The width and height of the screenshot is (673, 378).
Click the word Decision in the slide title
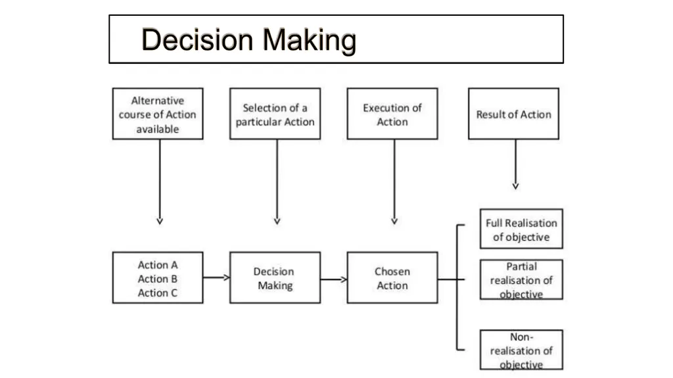[x=197, y=39]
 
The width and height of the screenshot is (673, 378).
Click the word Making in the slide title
[x=309, y=41]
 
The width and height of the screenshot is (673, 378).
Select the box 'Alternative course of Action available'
[x=158, y=114]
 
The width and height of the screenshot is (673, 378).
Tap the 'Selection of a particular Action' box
[x=275, y=114]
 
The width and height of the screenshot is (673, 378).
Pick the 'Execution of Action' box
[x=392, y=114]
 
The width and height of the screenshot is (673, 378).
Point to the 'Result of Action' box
[x=514, y=114]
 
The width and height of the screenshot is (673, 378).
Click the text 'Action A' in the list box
[x=158, y=264]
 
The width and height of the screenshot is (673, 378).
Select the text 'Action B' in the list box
[x=158, y=279]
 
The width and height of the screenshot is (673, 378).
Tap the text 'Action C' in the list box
[x=158, y=293]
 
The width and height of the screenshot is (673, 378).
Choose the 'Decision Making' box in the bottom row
[x=275, y=278]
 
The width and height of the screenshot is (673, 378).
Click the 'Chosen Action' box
[x=392, y=278]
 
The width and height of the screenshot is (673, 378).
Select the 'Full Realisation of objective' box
[x=521, y=229]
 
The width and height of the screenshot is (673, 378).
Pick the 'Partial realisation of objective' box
[x=521, y=279]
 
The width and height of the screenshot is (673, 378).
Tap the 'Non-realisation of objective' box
[x=521, y=350]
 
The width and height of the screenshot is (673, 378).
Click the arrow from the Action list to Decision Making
[x=217, y=277]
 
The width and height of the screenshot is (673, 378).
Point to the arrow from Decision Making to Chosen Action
[x=334, y=279]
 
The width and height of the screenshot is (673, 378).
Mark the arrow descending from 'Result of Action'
[x=515, y=164]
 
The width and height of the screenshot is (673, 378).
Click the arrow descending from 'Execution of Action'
[x=394, y=182]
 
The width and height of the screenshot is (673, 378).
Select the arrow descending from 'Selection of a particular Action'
[x=277, y=182]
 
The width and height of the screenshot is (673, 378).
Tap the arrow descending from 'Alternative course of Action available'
[x=160, y=182]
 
